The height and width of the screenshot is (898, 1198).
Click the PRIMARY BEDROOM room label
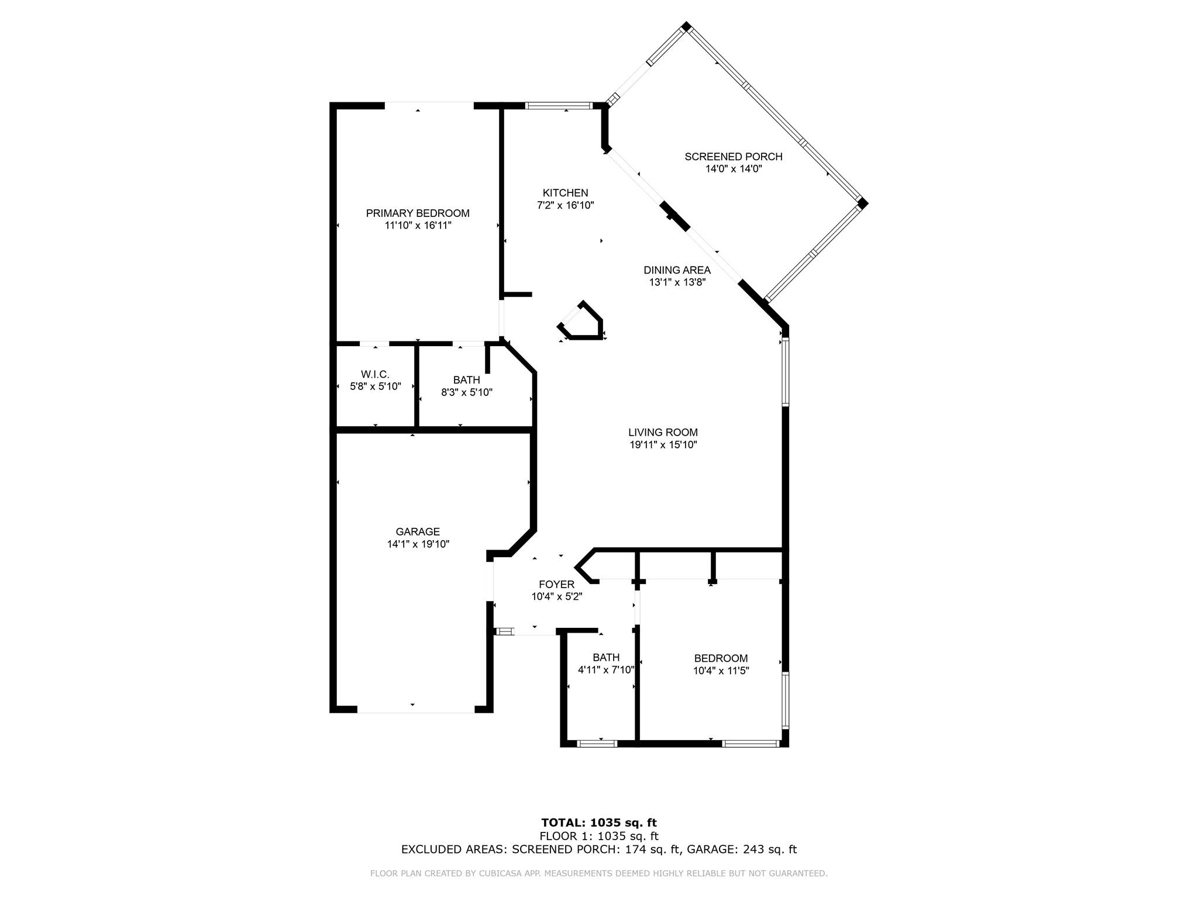pos(418,213)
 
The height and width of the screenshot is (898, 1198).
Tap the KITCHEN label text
pos(565,193)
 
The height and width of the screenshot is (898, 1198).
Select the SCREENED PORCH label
pos(734,157)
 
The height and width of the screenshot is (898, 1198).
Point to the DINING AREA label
pos(677,270)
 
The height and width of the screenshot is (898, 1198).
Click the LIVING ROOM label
pos(663,433)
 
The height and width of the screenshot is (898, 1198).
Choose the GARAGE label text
pos(418,532)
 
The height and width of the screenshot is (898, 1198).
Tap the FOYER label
pos(556,585)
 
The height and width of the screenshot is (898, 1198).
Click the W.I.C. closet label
pos(375,374)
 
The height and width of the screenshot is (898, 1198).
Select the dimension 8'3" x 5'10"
pos(467,392)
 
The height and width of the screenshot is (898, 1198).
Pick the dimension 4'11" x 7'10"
pos(606,670)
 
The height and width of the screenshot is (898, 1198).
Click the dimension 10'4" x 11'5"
pos(721,671)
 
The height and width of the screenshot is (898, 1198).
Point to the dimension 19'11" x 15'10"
pos(663,445)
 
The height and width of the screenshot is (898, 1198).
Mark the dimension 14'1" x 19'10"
pos(418,544)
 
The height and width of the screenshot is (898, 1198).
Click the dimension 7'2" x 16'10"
pos(565,205)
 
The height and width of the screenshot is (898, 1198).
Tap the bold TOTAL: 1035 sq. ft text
pos(599,823)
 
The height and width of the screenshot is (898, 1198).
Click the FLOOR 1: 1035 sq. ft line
pos(599,836)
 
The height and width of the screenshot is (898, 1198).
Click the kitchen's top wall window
pos(559,106)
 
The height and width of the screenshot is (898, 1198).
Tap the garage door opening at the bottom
pos(415,710)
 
